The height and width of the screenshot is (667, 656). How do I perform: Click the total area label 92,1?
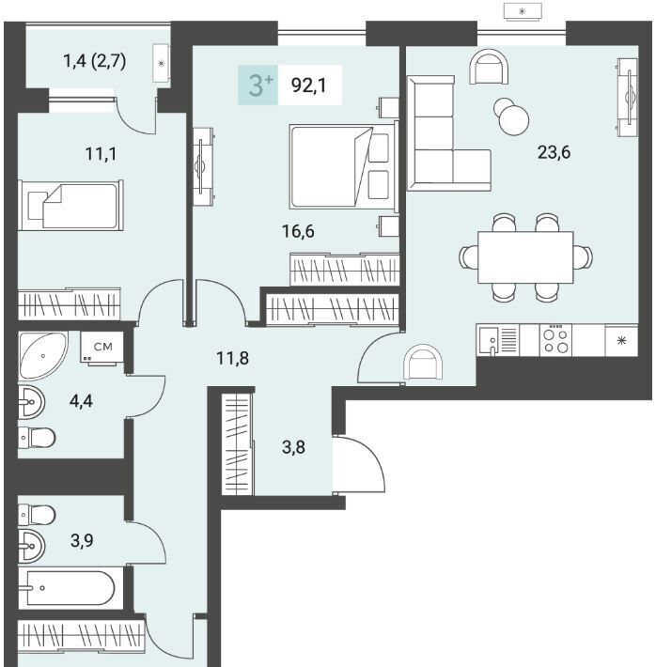coord(308,85)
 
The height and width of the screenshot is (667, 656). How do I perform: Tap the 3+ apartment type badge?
coord(258,85)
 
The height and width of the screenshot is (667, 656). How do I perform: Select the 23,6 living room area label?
coord(554,151)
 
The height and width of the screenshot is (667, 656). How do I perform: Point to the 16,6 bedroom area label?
coord(298,231)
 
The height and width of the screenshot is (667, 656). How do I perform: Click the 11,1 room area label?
coord(101,153)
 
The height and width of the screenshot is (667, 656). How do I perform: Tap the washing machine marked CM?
coord(102,348)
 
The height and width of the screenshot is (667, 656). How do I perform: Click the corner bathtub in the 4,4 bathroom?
coord(42,356)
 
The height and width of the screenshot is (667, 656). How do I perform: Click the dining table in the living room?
coord(525,257)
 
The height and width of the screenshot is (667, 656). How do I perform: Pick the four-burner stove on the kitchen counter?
coord(555,340)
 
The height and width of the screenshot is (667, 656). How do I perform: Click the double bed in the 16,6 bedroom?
coord(343,166)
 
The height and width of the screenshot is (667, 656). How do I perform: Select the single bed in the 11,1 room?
coord(70,206)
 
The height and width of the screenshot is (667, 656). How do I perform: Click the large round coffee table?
coord(514,120)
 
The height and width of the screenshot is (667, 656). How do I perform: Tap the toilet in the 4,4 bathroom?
coord(37,437)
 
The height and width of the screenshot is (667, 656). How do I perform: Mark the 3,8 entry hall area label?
coord(293,447)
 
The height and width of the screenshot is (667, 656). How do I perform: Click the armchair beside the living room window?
coord(489,67)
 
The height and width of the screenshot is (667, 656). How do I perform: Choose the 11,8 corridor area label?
coord(232,358)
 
